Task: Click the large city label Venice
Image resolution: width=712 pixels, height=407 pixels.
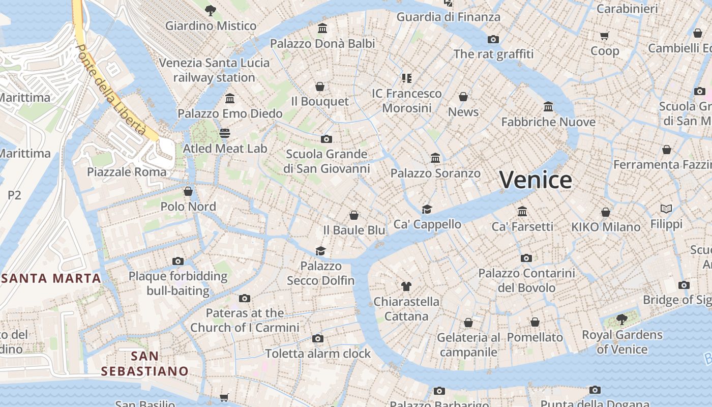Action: click(536, 180)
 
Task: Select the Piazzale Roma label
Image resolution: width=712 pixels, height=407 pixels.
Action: click(127, 172)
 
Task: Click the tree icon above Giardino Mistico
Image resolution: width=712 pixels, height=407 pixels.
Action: click(210, 10)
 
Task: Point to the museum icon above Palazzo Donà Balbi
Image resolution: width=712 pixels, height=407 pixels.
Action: click(322, 28)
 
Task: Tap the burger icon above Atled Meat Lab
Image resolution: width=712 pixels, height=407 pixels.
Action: click(225, 133)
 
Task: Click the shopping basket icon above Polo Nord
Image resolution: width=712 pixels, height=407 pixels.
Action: click(188, 191)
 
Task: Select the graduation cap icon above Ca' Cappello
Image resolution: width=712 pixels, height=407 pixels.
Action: click(427, 209)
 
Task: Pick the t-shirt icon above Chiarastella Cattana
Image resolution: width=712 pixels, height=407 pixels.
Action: click(406, 286)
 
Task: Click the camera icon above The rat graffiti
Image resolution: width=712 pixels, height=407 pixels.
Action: click(493, 39)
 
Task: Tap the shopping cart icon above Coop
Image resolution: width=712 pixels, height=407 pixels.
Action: click(604, 36)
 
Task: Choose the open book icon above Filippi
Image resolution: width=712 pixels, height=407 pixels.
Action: click(666, 209)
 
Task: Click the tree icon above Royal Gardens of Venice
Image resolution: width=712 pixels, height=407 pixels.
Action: click(621, 319)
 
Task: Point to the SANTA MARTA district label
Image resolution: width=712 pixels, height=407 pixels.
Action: click(51, 278)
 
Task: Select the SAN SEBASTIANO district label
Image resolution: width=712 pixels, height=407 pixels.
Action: click(145, 363)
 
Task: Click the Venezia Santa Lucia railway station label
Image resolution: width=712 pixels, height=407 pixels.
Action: click(214, 70)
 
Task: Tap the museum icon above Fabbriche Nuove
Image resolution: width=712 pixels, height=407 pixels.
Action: click(548, 107)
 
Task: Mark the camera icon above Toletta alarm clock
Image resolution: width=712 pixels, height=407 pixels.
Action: click(318, 338)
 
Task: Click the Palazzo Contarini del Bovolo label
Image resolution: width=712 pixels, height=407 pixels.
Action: click(526, 280)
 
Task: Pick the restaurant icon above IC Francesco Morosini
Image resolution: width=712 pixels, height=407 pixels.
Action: click(406, 78)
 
